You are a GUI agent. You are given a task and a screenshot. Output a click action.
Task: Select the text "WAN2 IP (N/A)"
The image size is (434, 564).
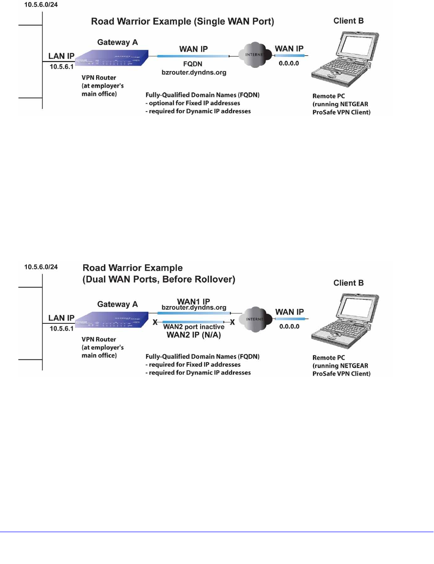(x=193, y=335)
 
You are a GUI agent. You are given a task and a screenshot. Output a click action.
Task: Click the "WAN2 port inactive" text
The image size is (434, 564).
(x=193, y=327)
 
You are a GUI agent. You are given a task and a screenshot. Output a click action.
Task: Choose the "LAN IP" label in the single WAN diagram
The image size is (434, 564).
(x=61, y=56)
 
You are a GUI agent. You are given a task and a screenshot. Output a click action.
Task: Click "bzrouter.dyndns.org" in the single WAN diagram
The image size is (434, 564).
(x=193, y=73)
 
